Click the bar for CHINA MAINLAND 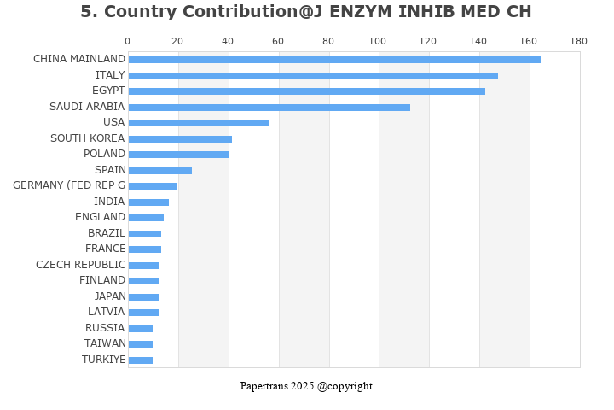[334, 60]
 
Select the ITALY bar [313, 76]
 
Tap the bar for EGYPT [307, 91]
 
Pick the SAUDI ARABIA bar [269, 108]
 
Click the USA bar [199, 123]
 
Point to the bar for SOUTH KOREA [180, 139]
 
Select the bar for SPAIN [160, 171]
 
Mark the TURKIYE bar [141, 360]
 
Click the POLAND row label [104, 154]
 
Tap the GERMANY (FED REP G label [69, 185]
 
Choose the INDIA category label [109, 202]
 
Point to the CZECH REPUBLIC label [81, 265]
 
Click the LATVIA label [106, 312]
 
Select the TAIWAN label [105, 343]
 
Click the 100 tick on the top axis [378, 41]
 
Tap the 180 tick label [579, 41]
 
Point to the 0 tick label [128, 41]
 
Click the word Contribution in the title [240, 11]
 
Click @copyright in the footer [345, 386]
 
